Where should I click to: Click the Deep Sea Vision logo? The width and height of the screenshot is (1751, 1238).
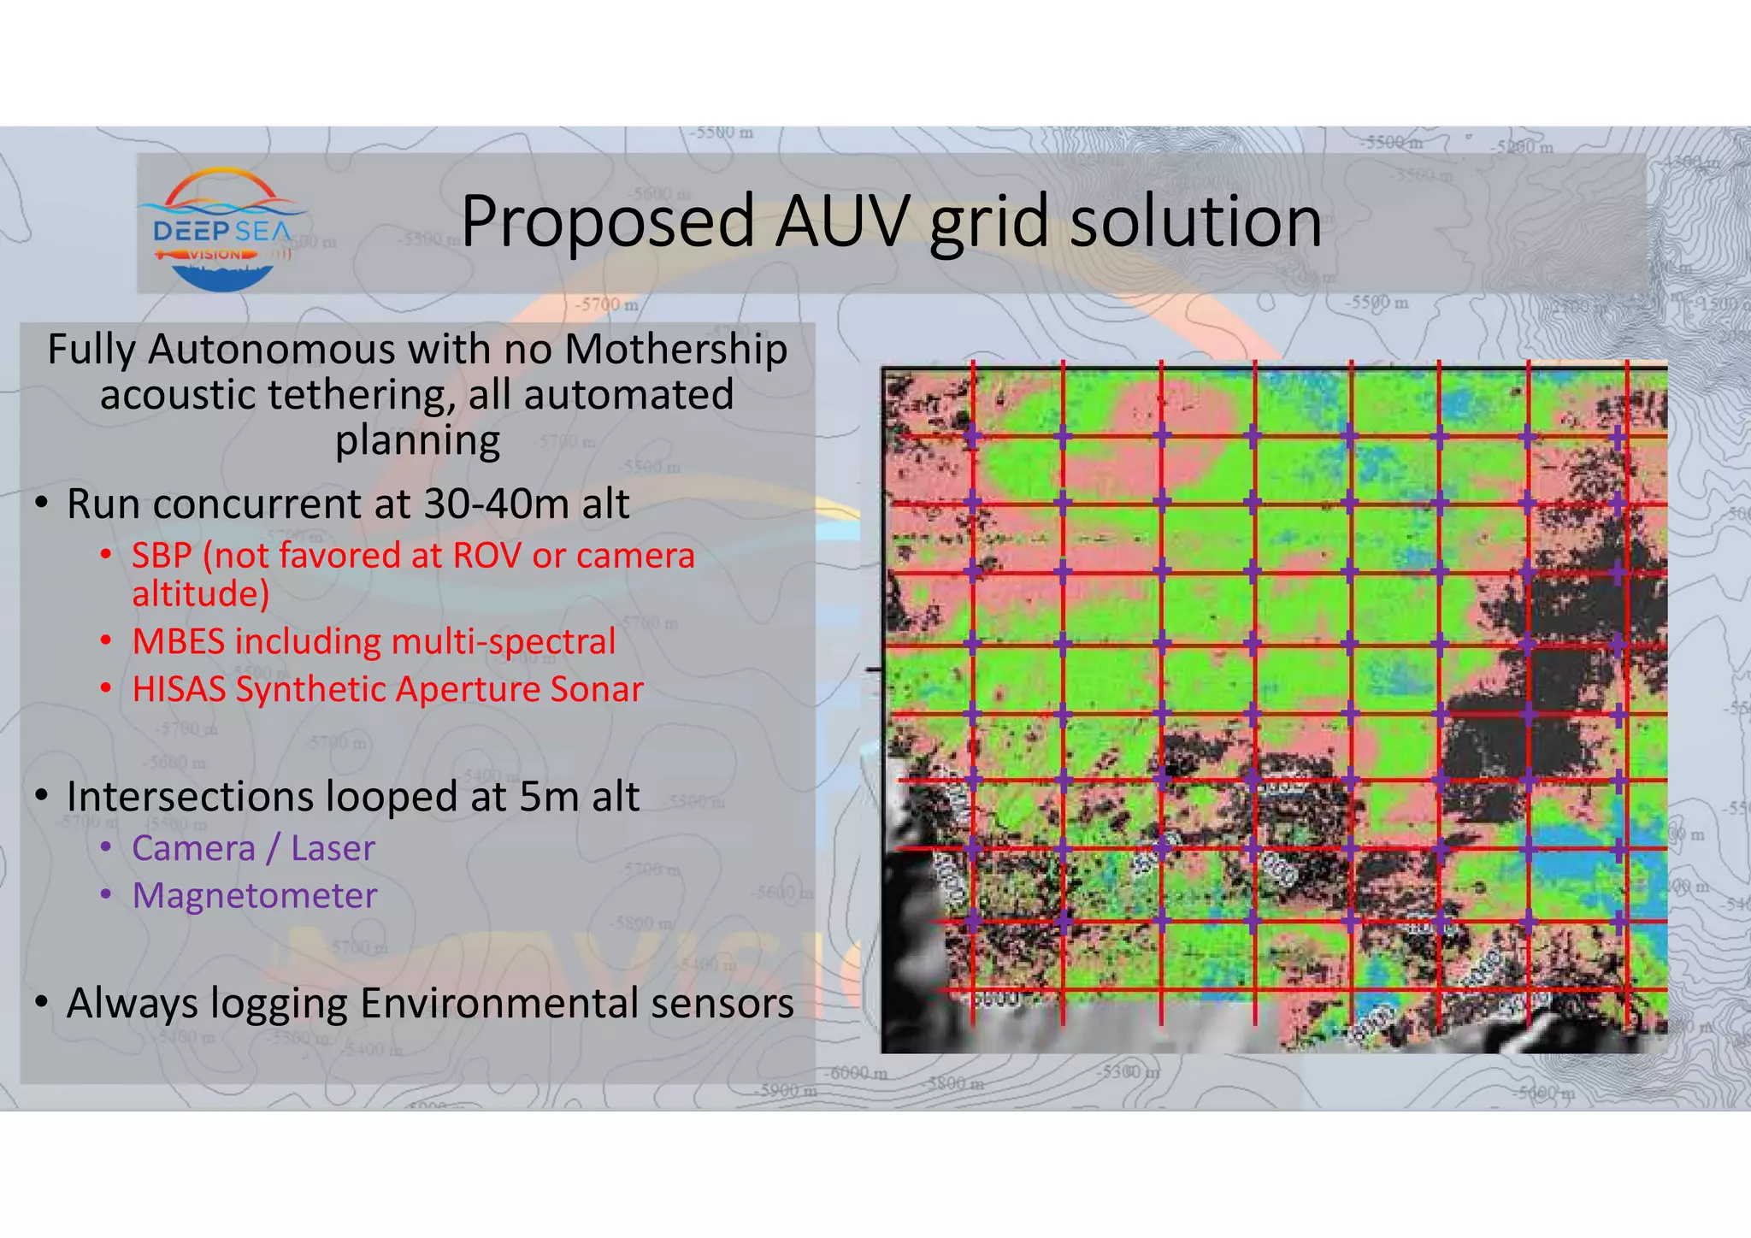point(222,229)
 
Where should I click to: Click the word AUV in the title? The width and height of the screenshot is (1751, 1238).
point(841,221)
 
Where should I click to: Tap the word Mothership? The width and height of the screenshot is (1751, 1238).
point(676,350)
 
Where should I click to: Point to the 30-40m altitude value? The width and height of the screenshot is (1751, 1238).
point(497,504)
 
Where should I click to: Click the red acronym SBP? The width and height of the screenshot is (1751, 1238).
point(162,557)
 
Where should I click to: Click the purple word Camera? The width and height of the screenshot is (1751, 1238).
point(194,848)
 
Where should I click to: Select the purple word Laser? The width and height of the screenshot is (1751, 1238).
point(333,848)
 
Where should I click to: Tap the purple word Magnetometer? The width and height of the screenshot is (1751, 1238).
point(255,896)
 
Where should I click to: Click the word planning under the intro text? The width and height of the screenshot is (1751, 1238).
point(417,441)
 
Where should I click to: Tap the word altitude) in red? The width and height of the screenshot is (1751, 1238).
point(201,594)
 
